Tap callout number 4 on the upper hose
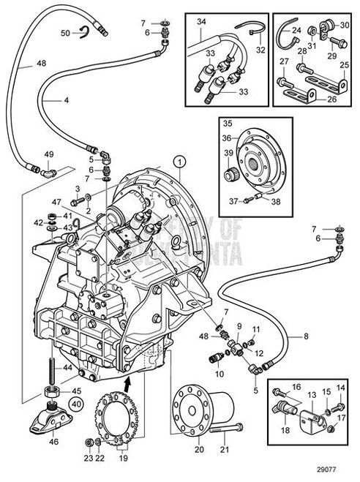pyautogui.click(x=68, y=99)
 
